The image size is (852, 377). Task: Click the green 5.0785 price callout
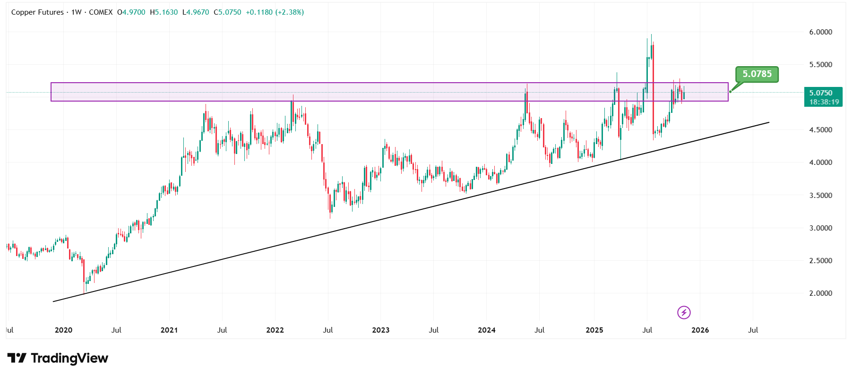coord(757,74)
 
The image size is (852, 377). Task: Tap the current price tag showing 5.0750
coord(823,93)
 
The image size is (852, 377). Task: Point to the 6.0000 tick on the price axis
coord(820,32)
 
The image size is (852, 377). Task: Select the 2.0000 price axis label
coord(820,293)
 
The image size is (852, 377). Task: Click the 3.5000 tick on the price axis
coord(820,195)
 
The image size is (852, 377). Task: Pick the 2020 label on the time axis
coord(63,330)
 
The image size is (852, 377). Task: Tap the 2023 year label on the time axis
coord(380,330)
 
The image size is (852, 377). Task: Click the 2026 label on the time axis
coord(700,330)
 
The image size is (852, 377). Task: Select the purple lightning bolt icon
coord(684,312)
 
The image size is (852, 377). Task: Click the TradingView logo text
coord(58,359)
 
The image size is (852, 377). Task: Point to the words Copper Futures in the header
coord(37,12)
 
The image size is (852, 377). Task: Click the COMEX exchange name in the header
coord(101,12)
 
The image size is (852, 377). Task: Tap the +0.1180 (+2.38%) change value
coord(275,12)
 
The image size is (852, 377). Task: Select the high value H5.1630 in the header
coord(164,12)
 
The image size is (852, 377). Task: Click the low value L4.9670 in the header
coord(196,12)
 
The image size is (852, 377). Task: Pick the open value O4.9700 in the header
coord(131,12)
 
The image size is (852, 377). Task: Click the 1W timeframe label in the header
coord(76,12)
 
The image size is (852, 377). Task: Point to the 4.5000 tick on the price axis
coord(820,130)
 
